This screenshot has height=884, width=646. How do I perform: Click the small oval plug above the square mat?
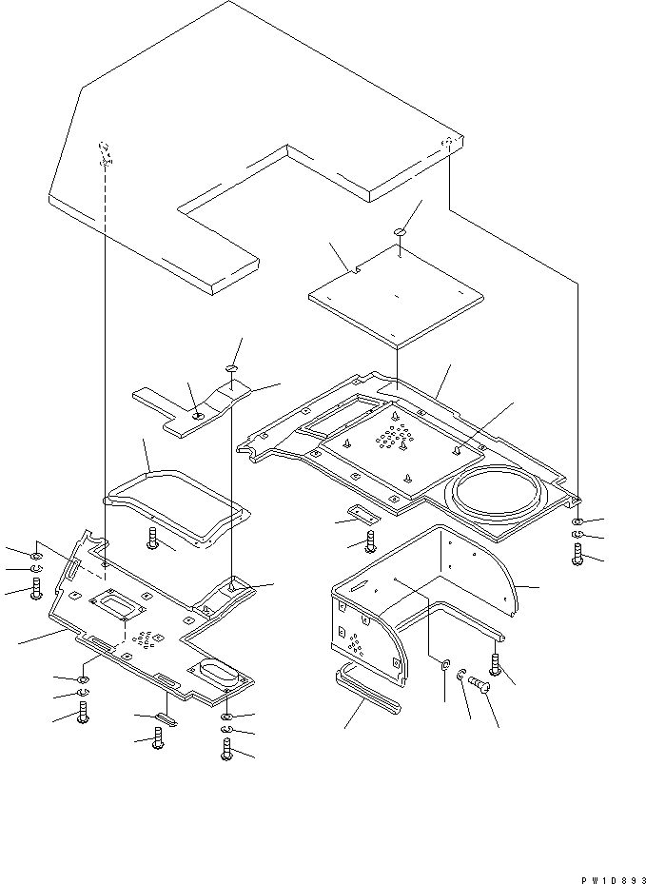coord(399,231)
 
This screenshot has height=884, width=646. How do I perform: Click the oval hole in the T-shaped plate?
coord(198,416)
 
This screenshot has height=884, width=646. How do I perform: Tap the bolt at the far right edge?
coord(577,554)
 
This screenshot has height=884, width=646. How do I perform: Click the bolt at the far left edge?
coord(36,590)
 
